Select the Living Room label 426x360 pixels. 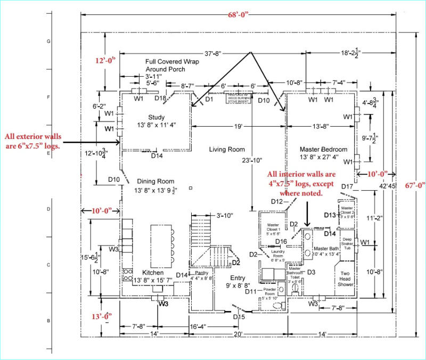click(x=227, y=150)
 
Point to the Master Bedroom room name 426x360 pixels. click(x=323, y=150)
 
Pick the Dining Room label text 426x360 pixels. click(x=155, y=182)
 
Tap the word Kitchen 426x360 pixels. click(x=153, y=272)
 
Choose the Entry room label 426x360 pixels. click(x=238, y=278)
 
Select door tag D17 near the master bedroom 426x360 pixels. click(x=348, y=186)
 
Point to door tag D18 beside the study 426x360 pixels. click(x=161, y=98)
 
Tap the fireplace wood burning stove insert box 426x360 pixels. click(x=238, y=99)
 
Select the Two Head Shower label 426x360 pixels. click(x=348, y=279)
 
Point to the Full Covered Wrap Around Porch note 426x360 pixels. click(x=165, y=66)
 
